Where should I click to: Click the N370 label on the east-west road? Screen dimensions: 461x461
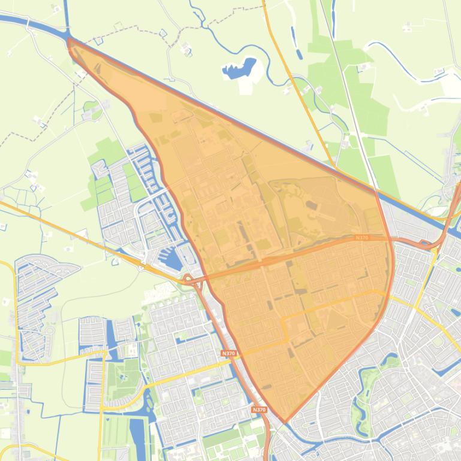tap(361, 238)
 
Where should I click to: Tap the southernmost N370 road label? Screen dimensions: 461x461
tap(259, 410)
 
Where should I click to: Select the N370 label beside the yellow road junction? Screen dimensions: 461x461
tap(228, 353)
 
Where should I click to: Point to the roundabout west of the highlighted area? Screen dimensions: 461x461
tap(188, 279)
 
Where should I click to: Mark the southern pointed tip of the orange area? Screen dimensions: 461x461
tap(285, 421)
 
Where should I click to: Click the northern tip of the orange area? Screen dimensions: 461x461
tap(70, 40)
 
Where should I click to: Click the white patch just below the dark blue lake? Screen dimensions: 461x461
tap(246, 86)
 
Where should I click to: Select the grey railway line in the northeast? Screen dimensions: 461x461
tap(354, 102)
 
